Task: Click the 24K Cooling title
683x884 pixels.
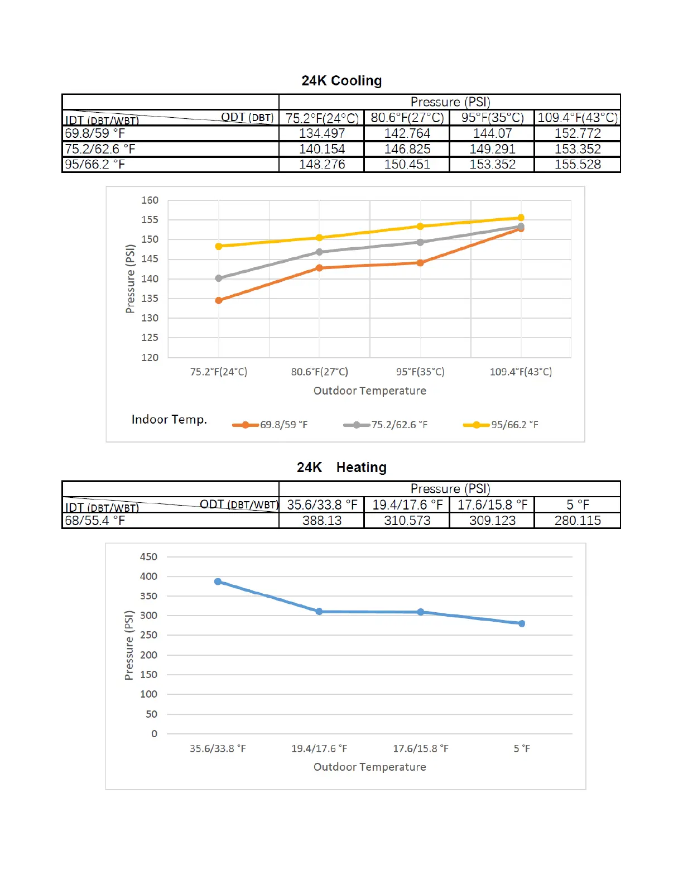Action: tap(341, 81)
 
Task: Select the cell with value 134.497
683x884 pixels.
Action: tap(322, 133)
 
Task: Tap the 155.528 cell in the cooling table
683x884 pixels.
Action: tap(578, 165)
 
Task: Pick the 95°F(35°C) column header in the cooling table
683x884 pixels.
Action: tap(492, 118)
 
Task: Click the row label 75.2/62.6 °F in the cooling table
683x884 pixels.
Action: tap(100, 149)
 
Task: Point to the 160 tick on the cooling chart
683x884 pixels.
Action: tap(150, 200)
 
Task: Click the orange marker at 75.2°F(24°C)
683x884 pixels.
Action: tap(219, 300)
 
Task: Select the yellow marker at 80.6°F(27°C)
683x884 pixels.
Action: tap(319, 238)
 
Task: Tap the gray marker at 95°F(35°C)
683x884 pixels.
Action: tap(420, 242)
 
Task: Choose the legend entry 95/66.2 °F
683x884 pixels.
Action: tap(514, 425)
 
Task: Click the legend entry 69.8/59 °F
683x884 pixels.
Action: tap(283, 425)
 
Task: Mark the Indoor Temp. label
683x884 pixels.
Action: tap(169, 420)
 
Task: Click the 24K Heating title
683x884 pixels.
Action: tap(341, 468)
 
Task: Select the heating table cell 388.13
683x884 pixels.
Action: tap(322, 521)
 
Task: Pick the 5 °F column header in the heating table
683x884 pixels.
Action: tap(578, 505)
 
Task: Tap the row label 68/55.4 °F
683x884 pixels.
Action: tap(95, 521)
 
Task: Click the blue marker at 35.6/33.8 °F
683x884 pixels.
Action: tap(218, 582)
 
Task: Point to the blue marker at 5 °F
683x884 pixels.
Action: tap(522, 623)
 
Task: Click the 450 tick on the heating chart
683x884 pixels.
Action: tap(148, 557)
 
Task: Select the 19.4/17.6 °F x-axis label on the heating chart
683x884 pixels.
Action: tap(319, 748)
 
